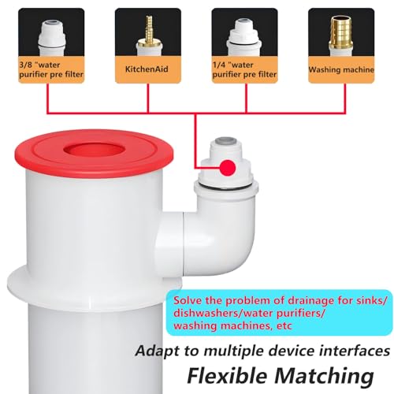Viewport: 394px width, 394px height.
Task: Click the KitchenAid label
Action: pos(147,69)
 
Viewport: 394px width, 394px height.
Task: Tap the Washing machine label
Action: pos(341,69)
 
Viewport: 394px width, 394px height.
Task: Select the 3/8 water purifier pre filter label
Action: pos(51,69)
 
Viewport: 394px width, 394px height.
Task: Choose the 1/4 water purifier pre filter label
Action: pos(244,69)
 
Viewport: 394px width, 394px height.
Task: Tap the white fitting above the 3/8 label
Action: pos(51,37)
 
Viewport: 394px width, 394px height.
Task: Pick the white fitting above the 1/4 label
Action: pos(244,37)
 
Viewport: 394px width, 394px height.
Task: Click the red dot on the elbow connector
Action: pos(228,167)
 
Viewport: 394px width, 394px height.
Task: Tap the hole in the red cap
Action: pos(94,150)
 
